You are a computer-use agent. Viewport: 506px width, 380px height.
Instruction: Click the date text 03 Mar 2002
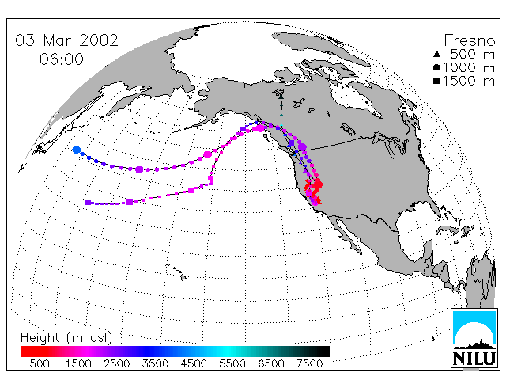[66, 40]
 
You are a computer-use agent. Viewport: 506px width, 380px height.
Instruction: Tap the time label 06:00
[62, 59]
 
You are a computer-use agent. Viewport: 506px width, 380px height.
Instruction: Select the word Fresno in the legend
[469, 40]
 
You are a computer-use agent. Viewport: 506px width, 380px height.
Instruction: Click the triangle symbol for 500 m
[436, 54]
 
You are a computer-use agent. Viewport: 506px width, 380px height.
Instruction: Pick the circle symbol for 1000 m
[436, 67]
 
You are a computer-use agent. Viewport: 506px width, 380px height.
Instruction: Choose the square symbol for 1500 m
[436, 81]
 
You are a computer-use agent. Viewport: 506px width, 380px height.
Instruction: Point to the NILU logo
[474, 338]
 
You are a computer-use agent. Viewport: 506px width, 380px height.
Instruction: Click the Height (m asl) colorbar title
[66, 338]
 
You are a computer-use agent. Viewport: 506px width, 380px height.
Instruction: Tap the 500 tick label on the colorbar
[40, 363]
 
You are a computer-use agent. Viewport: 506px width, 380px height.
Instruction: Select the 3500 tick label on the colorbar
[155, 363]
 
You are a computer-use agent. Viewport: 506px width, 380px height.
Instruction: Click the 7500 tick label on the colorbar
[309, 363]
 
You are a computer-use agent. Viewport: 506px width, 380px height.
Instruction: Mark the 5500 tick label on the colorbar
[232, 363]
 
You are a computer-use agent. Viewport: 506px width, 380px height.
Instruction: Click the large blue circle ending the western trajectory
[77, 150]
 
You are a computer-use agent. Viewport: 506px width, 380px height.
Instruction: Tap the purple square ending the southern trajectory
[88, 203]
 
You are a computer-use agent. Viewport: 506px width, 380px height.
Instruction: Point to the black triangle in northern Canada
[281, 97]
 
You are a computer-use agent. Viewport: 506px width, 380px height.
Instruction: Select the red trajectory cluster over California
[314, 192]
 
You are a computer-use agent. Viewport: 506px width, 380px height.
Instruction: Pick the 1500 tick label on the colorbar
[78, 363]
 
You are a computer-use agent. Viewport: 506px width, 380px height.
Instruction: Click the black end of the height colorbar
[323, 351]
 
